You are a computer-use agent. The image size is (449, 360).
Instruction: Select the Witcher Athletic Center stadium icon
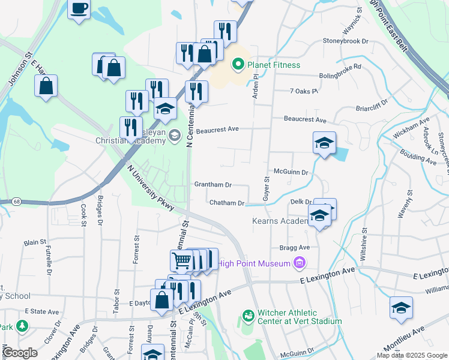(x=248, y=315)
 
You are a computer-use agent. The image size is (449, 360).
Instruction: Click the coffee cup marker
(x=80, y=9)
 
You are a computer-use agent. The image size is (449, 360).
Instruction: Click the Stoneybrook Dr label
(x=345, y=41)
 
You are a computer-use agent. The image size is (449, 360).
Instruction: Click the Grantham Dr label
(x=212, y=185)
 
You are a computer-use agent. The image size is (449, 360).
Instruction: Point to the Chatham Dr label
(x=227, y=203)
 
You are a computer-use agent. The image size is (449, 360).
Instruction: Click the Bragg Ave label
(x=294, y=247)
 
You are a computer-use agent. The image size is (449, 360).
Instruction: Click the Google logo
(x=20, y=352)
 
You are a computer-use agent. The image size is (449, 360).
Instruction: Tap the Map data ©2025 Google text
(x=412, y=355)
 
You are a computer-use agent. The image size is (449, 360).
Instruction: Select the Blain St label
(x=35, y=243)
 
